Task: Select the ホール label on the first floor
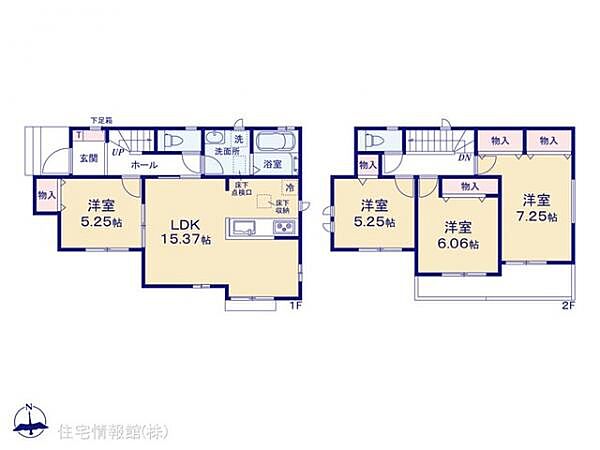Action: (142, 162)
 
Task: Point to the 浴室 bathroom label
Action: (271, 164)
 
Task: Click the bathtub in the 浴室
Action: (272, 140)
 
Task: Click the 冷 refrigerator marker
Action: (289, 188)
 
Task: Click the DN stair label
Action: (464, 157)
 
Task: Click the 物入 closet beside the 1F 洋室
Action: (46, 195)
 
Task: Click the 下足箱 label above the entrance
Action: (101, 120)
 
